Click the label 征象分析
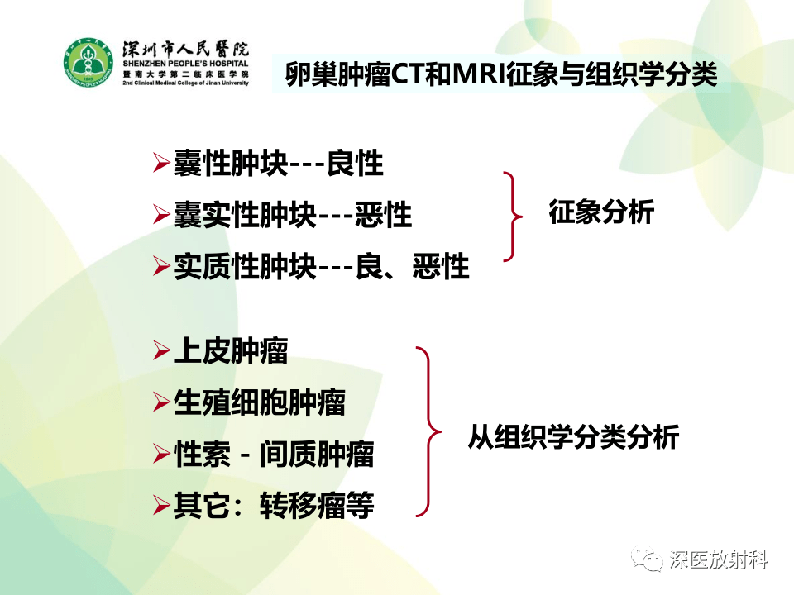click(x=601, y=212)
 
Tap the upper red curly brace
click(x=514, y=217)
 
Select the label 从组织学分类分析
click(x=573, y=436)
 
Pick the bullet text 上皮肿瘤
click(x=231, y=352)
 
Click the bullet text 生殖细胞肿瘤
click(x=259, y=403)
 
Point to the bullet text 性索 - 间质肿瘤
click(x=274, y=454)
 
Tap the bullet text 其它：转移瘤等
click(x=274, y=505)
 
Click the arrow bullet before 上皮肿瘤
click(x=161, y=352)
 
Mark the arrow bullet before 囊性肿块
click(x=161, y=164)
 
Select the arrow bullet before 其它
click(x=161, y=505)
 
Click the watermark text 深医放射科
click(x=719, y=559)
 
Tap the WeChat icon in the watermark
click(x=648, y=559)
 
